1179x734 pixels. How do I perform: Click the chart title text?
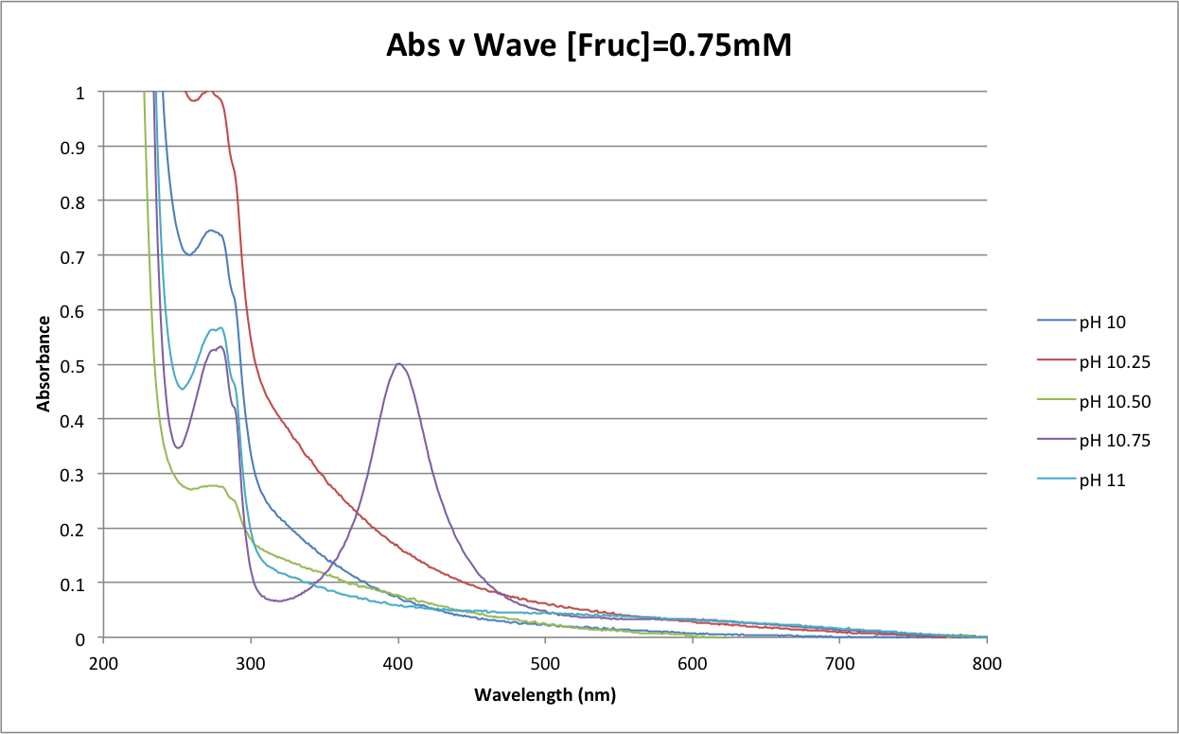pos(588,44)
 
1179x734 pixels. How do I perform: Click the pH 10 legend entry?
pos(1101,322)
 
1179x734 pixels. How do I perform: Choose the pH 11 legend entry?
pos(1101,481)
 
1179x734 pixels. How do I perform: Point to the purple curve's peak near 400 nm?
pos(398,364)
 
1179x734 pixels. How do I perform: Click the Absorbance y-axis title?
pos(44,364)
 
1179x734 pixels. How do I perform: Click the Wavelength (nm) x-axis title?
pos(545,695)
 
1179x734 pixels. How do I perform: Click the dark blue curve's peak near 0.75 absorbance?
pos(210,231)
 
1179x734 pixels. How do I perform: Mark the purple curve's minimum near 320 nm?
pos(278,601)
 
